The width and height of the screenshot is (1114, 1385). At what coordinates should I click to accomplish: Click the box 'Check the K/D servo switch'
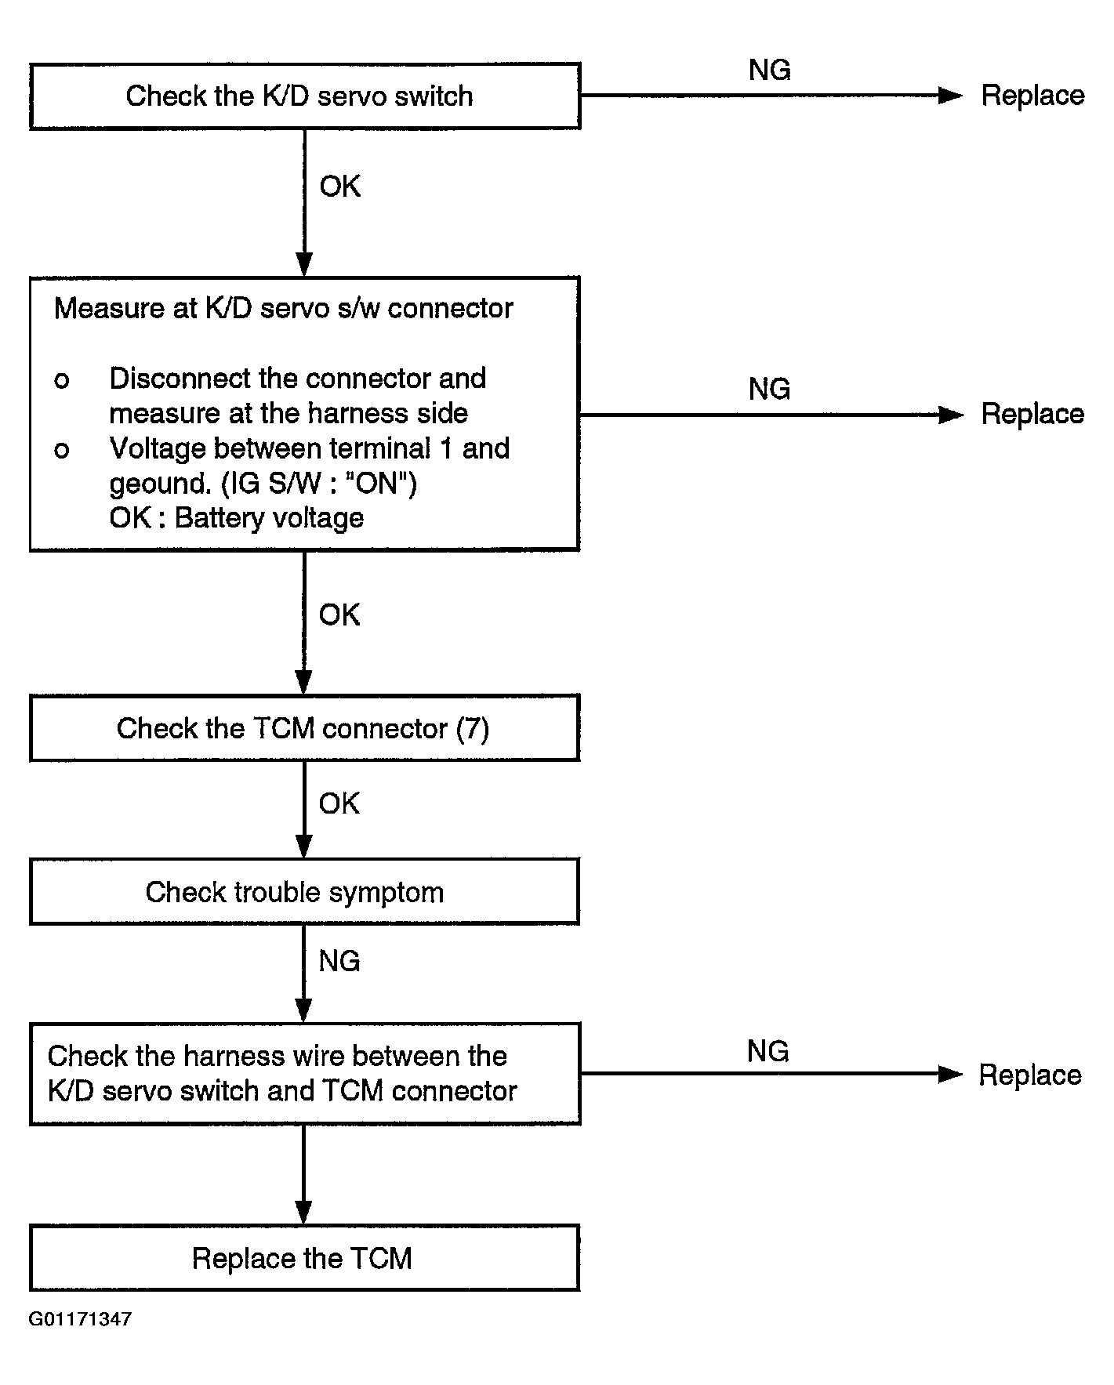click(305, 96)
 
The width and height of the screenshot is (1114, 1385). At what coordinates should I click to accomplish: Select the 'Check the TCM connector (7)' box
click(304, 728)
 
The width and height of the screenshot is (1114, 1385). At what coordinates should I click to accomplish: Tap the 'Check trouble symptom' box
click(304, 891)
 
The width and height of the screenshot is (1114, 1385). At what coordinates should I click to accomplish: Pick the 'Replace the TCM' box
click(304, 1258)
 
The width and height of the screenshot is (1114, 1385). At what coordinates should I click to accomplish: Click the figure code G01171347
click(80, 1319)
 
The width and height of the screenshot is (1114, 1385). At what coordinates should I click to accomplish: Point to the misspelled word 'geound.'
click(160, 484)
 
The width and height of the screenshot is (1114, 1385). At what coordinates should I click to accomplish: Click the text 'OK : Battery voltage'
click(237, 518)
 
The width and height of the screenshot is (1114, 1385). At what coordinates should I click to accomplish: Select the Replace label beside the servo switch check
click(1032, 96)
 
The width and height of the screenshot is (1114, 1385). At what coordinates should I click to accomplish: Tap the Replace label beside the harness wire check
click(1030, 1075)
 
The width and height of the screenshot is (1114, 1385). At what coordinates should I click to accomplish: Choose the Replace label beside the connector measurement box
click(1032, 415)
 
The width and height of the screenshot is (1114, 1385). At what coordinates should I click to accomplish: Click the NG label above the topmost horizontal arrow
click(770, 71)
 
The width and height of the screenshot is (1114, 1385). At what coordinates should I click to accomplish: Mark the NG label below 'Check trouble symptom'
click(339, 961)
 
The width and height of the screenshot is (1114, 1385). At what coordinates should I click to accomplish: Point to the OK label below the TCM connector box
click(339, 803)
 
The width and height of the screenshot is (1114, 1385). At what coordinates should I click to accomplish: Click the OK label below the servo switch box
click(340, 187)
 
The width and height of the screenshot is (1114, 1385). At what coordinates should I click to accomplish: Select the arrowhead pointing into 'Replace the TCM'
click(303, 1212)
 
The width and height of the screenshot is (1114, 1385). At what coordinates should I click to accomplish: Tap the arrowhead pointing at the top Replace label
click(950, 96)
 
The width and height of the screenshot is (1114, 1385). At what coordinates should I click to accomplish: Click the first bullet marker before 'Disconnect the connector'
click(61, 382)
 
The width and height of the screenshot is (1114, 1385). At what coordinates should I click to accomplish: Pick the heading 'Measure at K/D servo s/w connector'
click(283, 309)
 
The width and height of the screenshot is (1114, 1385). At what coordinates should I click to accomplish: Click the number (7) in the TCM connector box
click(473, 729)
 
